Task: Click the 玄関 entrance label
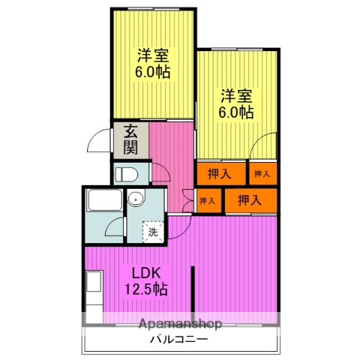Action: (x=130, y=139)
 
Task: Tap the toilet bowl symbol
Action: (x=127, y=175)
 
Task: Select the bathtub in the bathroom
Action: (x=102, y=202)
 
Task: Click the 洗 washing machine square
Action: (x=152, y=232)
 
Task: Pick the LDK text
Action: (x=147, y=273)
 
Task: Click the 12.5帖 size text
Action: (x=146, y=289)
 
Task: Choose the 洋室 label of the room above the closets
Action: (x=236, y=96)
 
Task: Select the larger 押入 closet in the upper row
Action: (x=221, y=174)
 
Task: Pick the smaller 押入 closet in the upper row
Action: (x=262, y=174)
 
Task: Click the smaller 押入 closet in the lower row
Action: (x=208, y=200)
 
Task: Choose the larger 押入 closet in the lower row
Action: (x=250, y=200)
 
